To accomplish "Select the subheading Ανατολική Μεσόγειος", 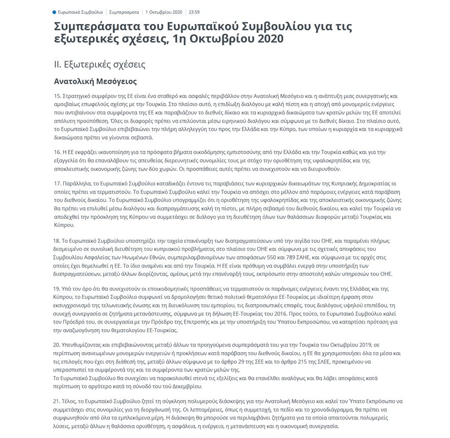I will coord(96,81).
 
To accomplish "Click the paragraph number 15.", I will coord(57,96).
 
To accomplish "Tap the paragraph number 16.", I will coord(57,153).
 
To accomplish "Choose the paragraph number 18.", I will coord(57,240).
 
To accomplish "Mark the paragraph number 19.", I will coord(57,288).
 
